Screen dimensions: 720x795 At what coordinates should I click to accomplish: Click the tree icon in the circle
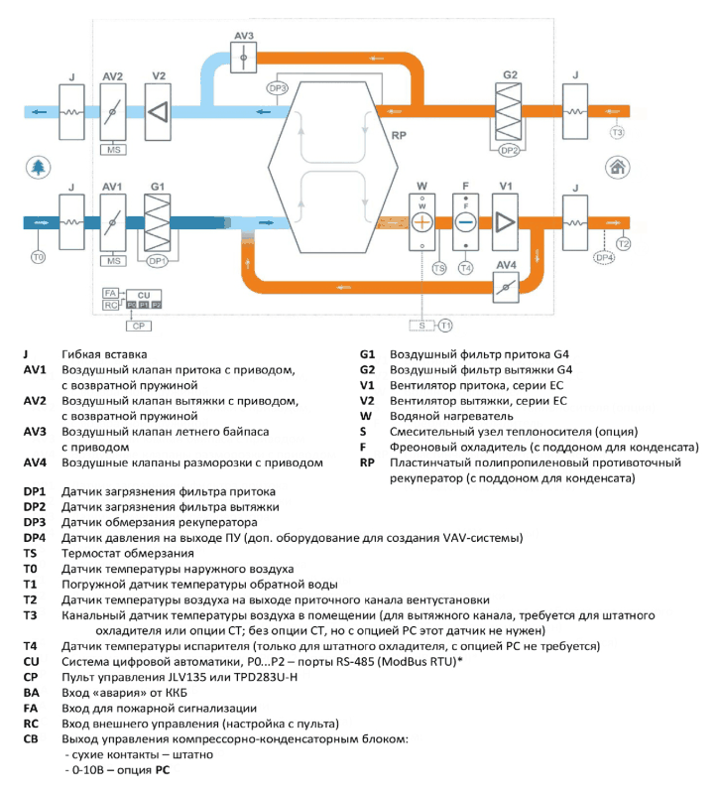tap(38, 167)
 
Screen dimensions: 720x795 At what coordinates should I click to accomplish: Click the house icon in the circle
tap(618, 167)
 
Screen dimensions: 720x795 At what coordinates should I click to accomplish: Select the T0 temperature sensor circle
tap(38, 257)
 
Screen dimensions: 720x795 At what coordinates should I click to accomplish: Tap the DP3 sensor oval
tap(277, 88)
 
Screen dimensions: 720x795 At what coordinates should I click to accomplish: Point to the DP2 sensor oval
tap(509, 150)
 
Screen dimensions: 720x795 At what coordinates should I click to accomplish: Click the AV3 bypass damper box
tap(243, 58)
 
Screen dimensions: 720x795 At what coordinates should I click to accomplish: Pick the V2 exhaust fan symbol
tap(158, 112)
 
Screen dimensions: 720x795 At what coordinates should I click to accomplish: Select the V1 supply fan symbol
tap(505, 222)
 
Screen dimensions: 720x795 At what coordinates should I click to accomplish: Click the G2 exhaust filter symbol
tap(508, 111)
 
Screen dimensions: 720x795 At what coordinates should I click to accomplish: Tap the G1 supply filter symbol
tap(157, 222)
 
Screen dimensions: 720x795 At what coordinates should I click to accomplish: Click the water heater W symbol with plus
tap(422, 222)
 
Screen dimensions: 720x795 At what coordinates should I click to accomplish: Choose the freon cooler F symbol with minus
tap(466, 222)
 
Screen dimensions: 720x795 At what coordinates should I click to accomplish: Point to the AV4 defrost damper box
tap(506, 288)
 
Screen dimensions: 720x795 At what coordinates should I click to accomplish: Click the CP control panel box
tap(139, 326)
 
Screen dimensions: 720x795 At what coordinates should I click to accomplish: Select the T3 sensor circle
tap(617, 133)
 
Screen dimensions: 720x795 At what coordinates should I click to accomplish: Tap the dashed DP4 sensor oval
tap(605, 258)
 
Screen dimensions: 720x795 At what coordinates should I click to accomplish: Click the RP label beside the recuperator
tap(399, 135)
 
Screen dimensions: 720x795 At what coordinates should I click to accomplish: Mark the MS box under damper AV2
tap(113, 150)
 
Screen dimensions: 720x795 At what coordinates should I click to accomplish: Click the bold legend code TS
tap(30, 553)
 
